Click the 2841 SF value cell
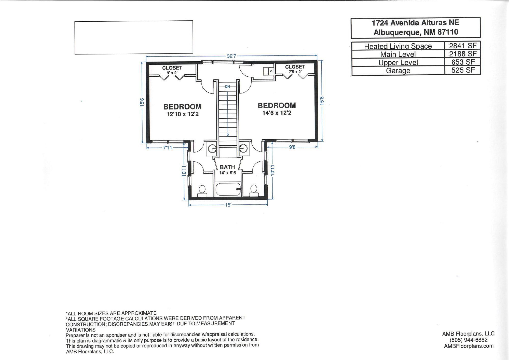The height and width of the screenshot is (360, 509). pos(463,46)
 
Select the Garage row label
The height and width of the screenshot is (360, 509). pos(398,71)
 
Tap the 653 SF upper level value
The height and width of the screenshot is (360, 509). pos(463,62)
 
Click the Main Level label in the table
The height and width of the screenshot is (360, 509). pos(398,54)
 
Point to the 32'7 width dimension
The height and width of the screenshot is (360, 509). pos(231,56)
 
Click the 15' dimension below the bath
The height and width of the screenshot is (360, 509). pos(228,205)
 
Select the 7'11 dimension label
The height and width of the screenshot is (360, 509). pos(168,148)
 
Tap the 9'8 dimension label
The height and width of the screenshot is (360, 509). pos(292,147)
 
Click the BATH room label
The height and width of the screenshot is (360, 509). pos(227,167)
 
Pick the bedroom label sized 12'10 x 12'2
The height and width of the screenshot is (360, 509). pos(182,110)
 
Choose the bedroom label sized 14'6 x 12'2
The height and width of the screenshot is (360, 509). pos(277,109)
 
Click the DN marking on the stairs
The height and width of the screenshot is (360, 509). pos(227,87)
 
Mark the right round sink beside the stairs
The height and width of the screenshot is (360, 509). pos(244,148)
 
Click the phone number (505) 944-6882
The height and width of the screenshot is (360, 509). pos(469,340)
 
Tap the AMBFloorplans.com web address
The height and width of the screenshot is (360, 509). pos(469,346)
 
